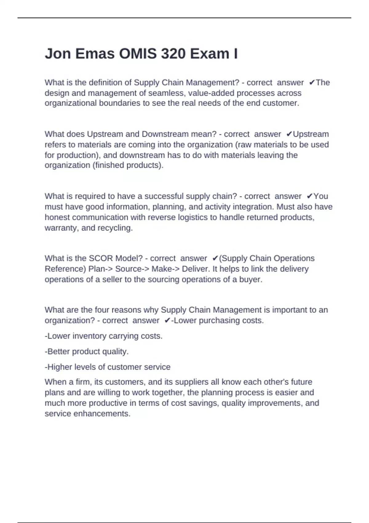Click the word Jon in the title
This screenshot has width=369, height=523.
coord(57,54)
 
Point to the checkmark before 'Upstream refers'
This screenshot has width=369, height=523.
coord(289,134)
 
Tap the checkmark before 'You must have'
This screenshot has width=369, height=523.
coord(310,196)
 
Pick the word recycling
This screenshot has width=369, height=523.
coord(115,228)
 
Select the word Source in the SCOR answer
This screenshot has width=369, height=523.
coord(126,269)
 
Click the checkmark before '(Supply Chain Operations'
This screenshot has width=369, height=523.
coord(215,258)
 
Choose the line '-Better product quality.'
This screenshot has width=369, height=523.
coord(87,351)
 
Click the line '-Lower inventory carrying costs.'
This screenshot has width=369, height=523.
coord(103,336)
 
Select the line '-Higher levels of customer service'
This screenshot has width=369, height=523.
coord(108,367)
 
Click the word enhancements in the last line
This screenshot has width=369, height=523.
coord(102,414)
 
